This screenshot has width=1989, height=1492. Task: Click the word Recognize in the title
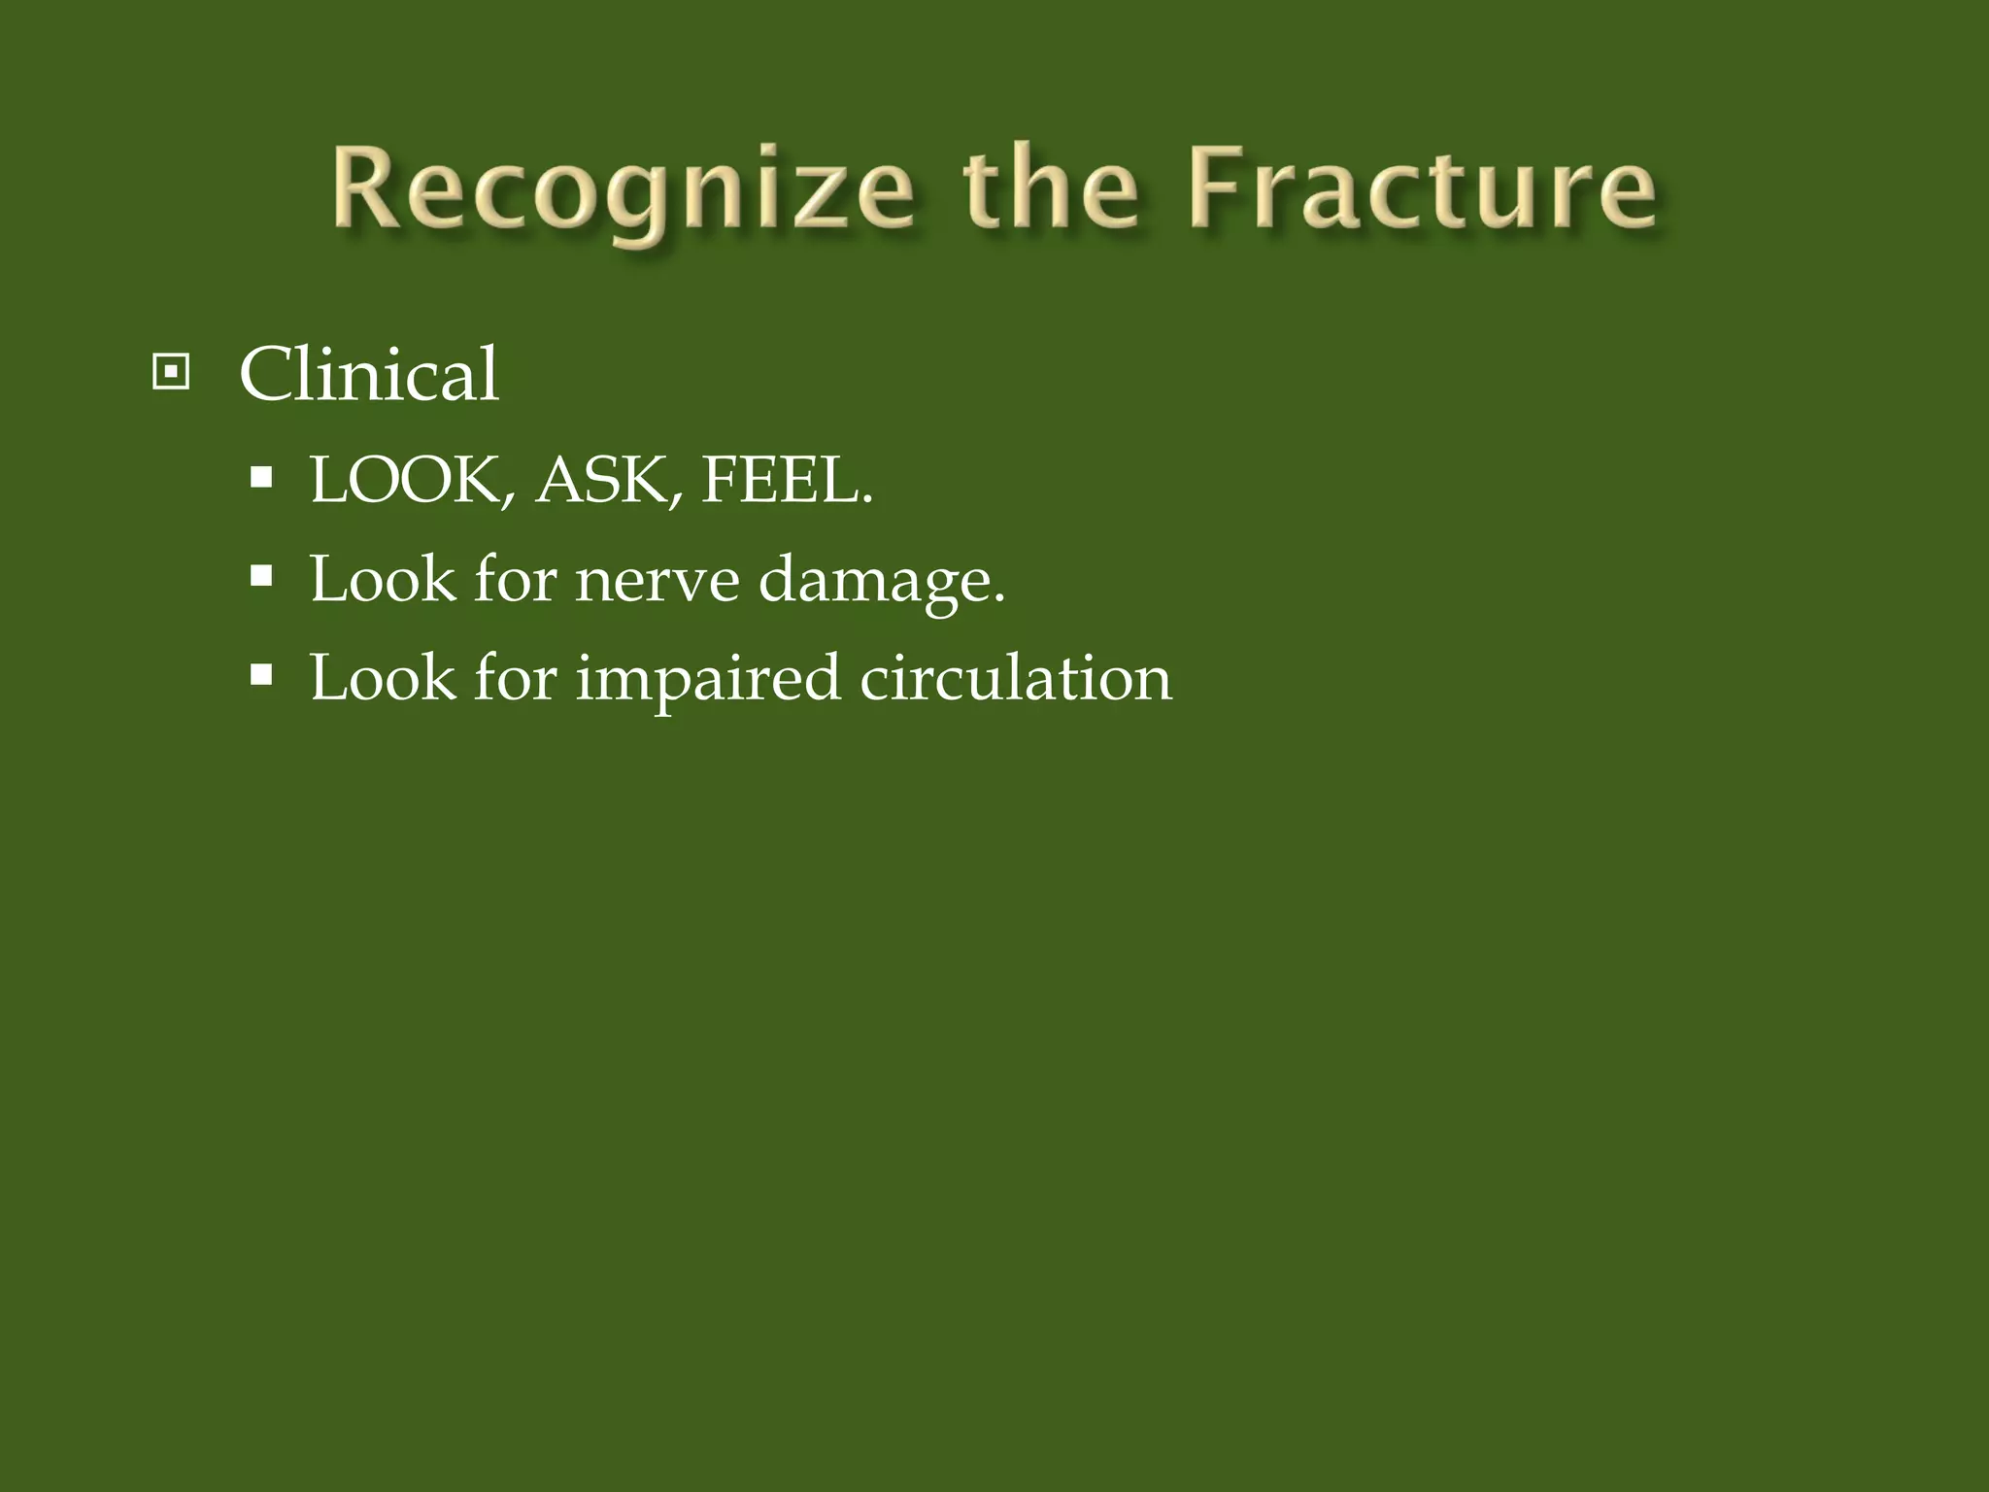[622, 189]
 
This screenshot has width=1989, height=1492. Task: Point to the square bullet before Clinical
[171, 372]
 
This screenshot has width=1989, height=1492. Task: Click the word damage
[880, 582]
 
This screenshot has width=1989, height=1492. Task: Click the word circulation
[1016, 677]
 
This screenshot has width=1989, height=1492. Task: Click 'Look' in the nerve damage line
[382, 580]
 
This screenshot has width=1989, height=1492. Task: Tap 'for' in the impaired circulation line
[515, 677]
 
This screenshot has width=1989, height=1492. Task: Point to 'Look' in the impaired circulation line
[382, 677]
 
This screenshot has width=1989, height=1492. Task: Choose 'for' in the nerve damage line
[515, 580]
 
